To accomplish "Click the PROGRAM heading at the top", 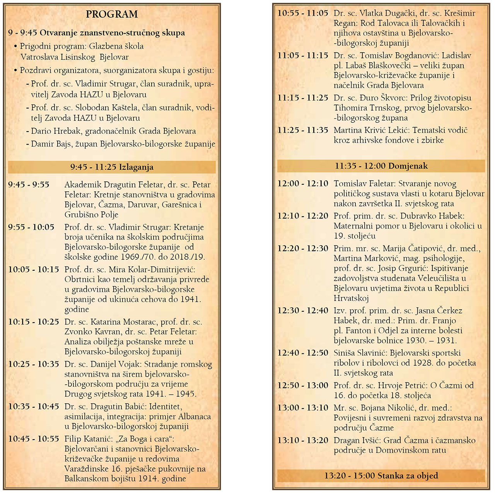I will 112,14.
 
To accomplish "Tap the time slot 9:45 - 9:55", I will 29,185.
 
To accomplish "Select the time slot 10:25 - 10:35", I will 34,364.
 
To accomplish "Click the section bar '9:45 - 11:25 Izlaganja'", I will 112,167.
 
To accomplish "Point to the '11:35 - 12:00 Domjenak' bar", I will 381,166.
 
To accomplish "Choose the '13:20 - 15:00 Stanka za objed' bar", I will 381,476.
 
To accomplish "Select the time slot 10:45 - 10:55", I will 34,439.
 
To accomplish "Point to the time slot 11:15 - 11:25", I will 303,98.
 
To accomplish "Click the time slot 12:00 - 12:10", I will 303,184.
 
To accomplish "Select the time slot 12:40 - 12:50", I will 303,353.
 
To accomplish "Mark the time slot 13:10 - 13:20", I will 303,440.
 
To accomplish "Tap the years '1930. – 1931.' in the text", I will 432,341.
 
